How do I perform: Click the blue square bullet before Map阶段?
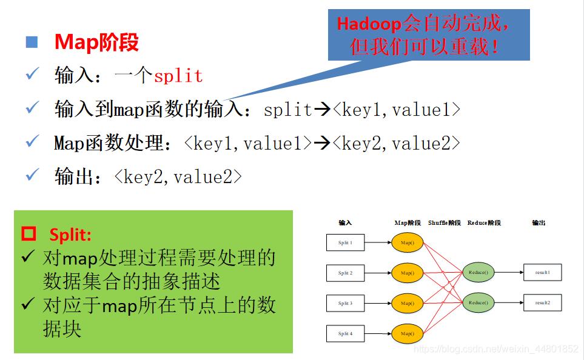(x=32, y=42)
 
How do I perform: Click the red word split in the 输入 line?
(x=178, y=76)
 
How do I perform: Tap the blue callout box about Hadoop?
(x=429, y=35)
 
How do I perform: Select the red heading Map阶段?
(x=96, y=42)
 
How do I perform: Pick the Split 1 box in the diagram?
(x=345, y=243)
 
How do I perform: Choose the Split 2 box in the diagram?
(x=345, y=273)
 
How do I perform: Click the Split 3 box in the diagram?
(x=345, y=303)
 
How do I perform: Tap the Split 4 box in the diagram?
(x=345, y=333)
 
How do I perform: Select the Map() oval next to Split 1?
(x=407, y=243)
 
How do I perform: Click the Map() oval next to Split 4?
(x=407, y=333)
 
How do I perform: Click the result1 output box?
(x=542, y=273)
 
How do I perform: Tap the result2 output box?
(x=542, y=302)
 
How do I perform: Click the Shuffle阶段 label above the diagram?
(x=445, y=223)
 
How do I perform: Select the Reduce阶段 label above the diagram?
(x=484, y=223)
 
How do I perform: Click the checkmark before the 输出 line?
(x=32, y=176)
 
